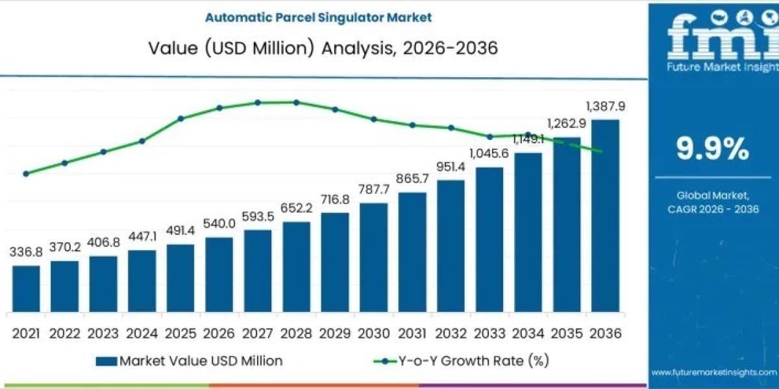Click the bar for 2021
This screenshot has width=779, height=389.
[x=26, y=289]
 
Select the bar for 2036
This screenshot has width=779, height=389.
[x=606, y=216]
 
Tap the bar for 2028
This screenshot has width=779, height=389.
[x=296, y=267]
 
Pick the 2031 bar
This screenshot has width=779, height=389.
[x=412, y=252]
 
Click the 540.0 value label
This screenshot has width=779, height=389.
[x=219, y=224]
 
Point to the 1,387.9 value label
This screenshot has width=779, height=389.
[x=606, y=106]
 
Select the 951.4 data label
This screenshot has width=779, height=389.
[x=451, y=167]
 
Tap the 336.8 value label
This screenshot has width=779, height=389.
[x=26, y=252]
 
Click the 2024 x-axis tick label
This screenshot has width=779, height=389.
[x=142, y=334]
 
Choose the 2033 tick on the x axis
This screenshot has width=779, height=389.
[x=489, y=334]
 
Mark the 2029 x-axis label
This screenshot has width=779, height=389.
[x=335, y=334]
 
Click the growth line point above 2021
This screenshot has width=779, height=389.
[x=26, y=174]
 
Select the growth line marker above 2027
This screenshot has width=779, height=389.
[x=258, y=103]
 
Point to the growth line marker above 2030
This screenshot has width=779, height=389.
[x=374, y=119]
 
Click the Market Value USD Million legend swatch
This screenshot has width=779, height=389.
[x=106, y=362]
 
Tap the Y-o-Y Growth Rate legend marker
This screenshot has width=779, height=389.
[x=384, y=362]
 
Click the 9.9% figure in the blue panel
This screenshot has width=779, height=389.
[x=713, y=148]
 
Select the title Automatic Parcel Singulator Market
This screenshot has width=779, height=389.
[x=318, y=18]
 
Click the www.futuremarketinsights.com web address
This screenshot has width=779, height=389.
[x=714, y=372]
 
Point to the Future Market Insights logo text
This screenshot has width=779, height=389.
[x=723, y=67]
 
